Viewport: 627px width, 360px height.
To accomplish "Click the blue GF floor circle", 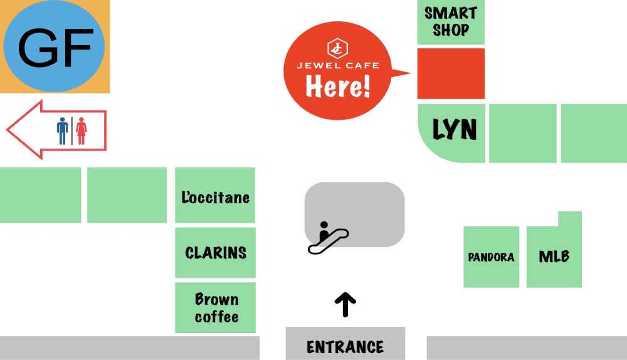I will pyautogui.click(x=55, y=47).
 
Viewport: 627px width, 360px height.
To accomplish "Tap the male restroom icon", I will pyautogui.click(x=62, y=130).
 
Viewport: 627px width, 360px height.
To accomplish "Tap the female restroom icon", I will pyautogui.click(x=81, y=130).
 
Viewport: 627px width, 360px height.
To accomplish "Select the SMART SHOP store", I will pyautogui.click(x=451, y=22).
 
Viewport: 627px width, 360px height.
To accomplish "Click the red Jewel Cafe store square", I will pyautogui.click(x=451, y=73).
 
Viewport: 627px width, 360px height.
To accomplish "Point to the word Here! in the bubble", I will pyautogui.click(x=338, y=87).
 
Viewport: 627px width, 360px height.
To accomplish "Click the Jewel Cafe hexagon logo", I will pyautogui.click(x=337, y=48).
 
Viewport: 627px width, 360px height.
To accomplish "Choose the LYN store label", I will pyautogui.click(x=455, y=130).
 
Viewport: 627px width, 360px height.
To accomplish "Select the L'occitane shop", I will pyautogui.click(x=215, y=198).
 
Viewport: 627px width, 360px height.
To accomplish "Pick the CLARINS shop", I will pyautogui.click(x=215, y=253).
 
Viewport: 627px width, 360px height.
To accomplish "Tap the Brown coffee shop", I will pyautogui.click(x=216, y=307).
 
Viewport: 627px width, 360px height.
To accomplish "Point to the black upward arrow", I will pyautogui.click(x=345, y=305).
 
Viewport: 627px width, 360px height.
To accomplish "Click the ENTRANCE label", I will pyautogui.click(x=345, y=346).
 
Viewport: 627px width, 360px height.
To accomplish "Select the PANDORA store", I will pyautogui.click(x=491, y=257).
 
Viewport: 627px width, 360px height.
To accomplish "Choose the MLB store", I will pyautogui.click(x=554, y=256).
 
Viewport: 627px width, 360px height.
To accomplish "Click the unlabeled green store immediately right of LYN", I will pyautogui.click(x=522, y=134).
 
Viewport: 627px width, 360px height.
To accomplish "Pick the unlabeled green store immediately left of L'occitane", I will pyautogui.click(x=127, y=195).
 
